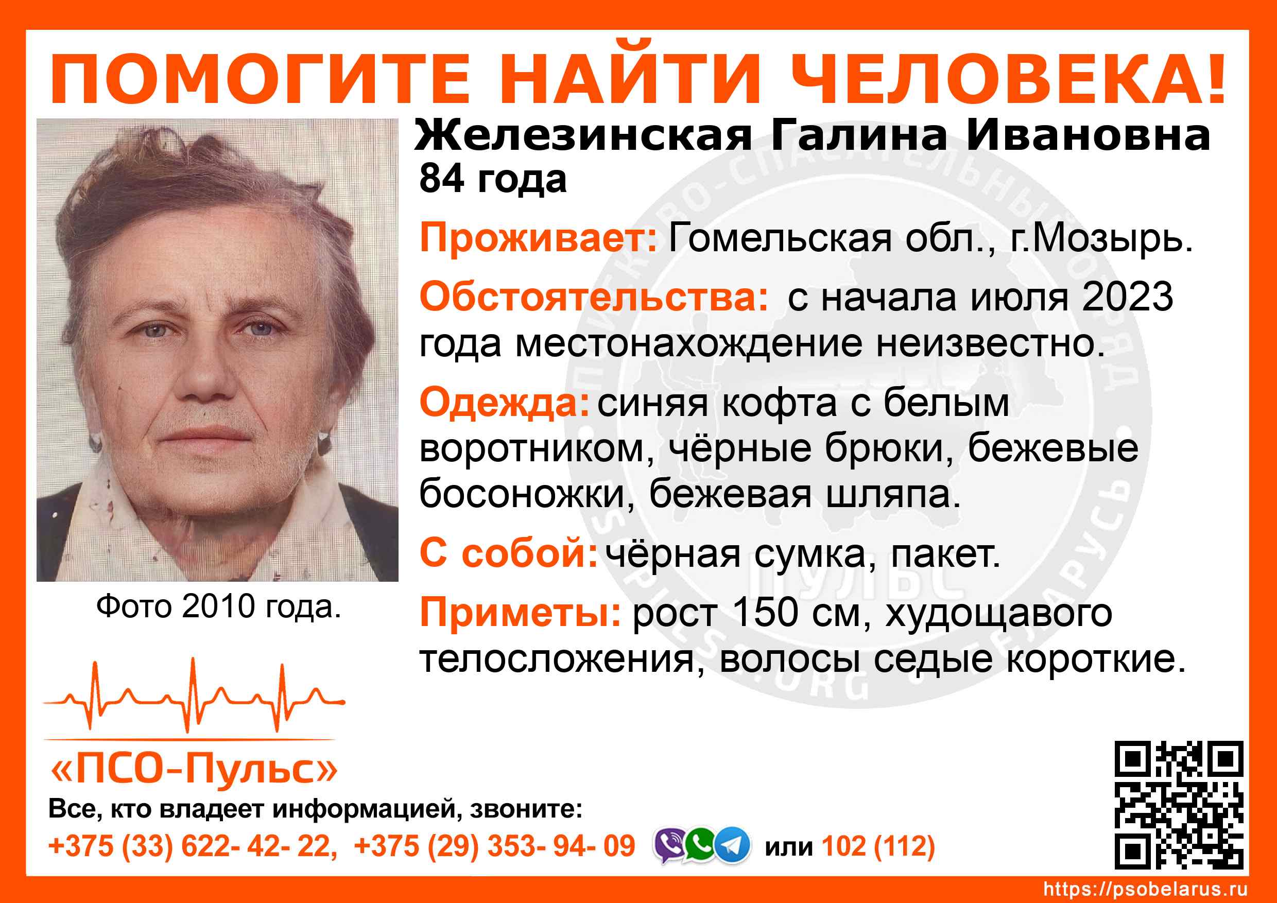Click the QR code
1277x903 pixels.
pyautogui.click(x=1179, y=805)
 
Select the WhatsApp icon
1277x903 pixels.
pyautogui.click(x=701, y=845)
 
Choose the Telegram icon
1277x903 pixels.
pyautogui.click(x=732, y=845)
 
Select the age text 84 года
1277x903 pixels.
pyautogui.click(x=493, y=180)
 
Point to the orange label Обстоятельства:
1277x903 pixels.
pyautogui.click(x=594, y=297)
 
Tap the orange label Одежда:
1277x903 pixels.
pyautogui.click(x=505, y=403)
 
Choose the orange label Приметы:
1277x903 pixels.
pyautogui.click(x=520, y=613)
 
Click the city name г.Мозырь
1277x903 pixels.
pyautogui.click(x=1101, y=239)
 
